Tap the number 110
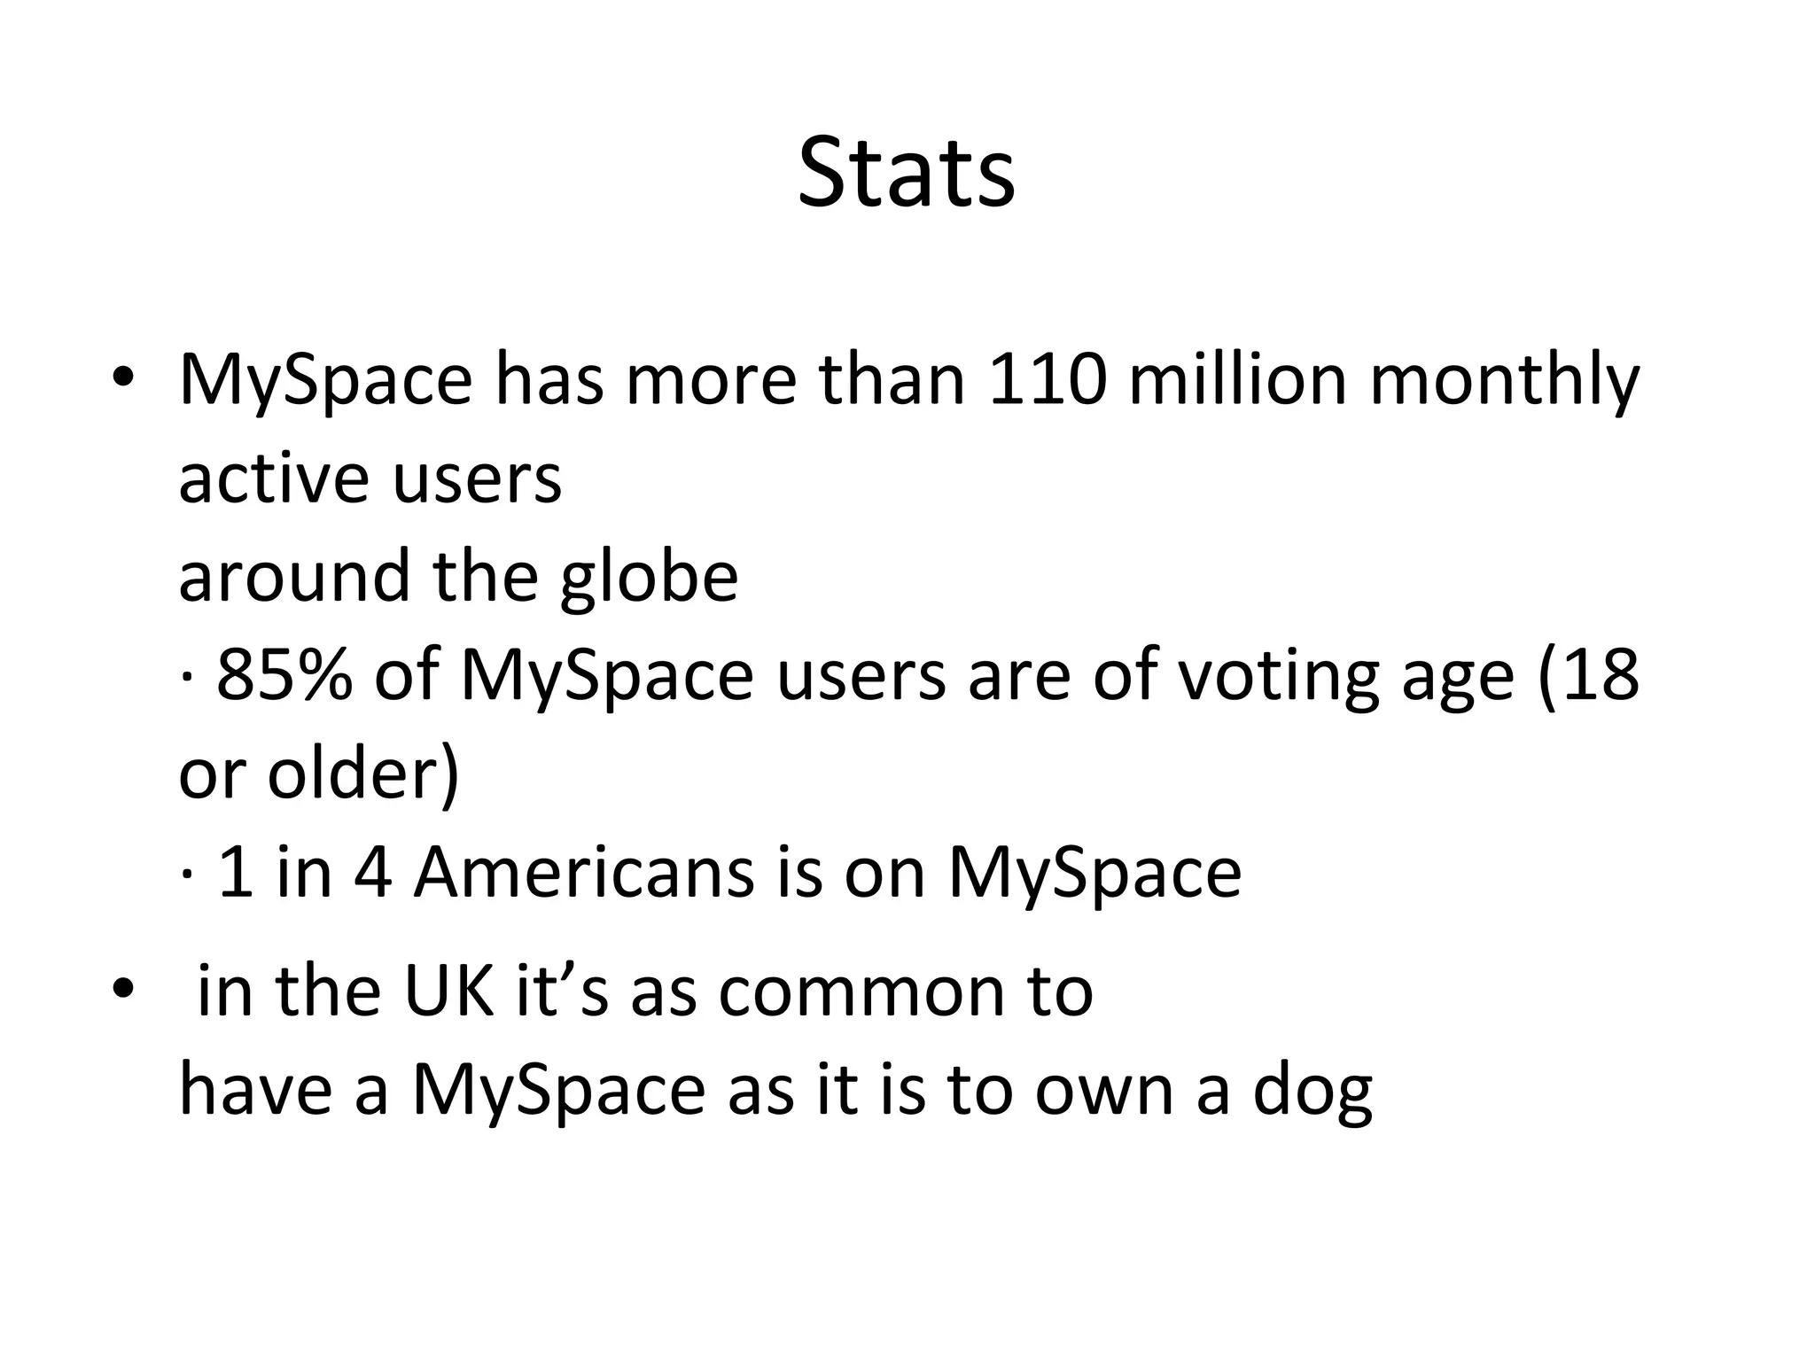coord(1047,380)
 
